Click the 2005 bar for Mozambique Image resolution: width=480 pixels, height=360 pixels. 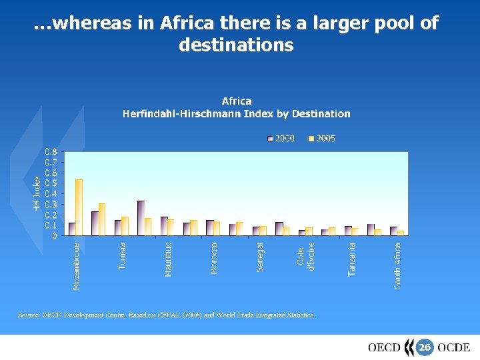coord(79,207)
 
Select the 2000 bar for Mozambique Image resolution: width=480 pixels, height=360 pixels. coord(72,229)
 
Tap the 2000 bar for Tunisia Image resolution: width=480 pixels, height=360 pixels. coord(118,227)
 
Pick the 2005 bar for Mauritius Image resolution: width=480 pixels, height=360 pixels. coord(171,227)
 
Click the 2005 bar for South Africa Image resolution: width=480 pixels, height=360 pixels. coord(401,233)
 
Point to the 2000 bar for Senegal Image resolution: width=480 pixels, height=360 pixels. coord(256,231)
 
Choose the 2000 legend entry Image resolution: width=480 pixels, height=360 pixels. coord(281,139)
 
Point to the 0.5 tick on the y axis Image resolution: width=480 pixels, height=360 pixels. coord(51,183)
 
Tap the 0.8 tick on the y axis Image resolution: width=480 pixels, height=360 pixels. coord(51,151)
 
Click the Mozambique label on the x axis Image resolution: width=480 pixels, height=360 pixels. coord(77,265)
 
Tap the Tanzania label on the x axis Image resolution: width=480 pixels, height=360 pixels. coord(351,259)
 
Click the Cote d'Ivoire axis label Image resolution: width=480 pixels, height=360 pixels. coord(305,257)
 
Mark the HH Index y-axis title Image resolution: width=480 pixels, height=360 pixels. coord(37,193)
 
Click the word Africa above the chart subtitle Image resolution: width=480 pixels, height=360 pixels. coord(237,101)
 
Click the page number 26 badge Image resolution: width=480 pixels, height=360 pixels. coord(425,347)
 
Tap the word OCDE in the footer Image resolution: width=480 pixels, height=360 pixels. coord(454,347)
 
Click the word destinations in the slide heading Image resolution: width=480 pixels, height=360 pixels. coord(236,45)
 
